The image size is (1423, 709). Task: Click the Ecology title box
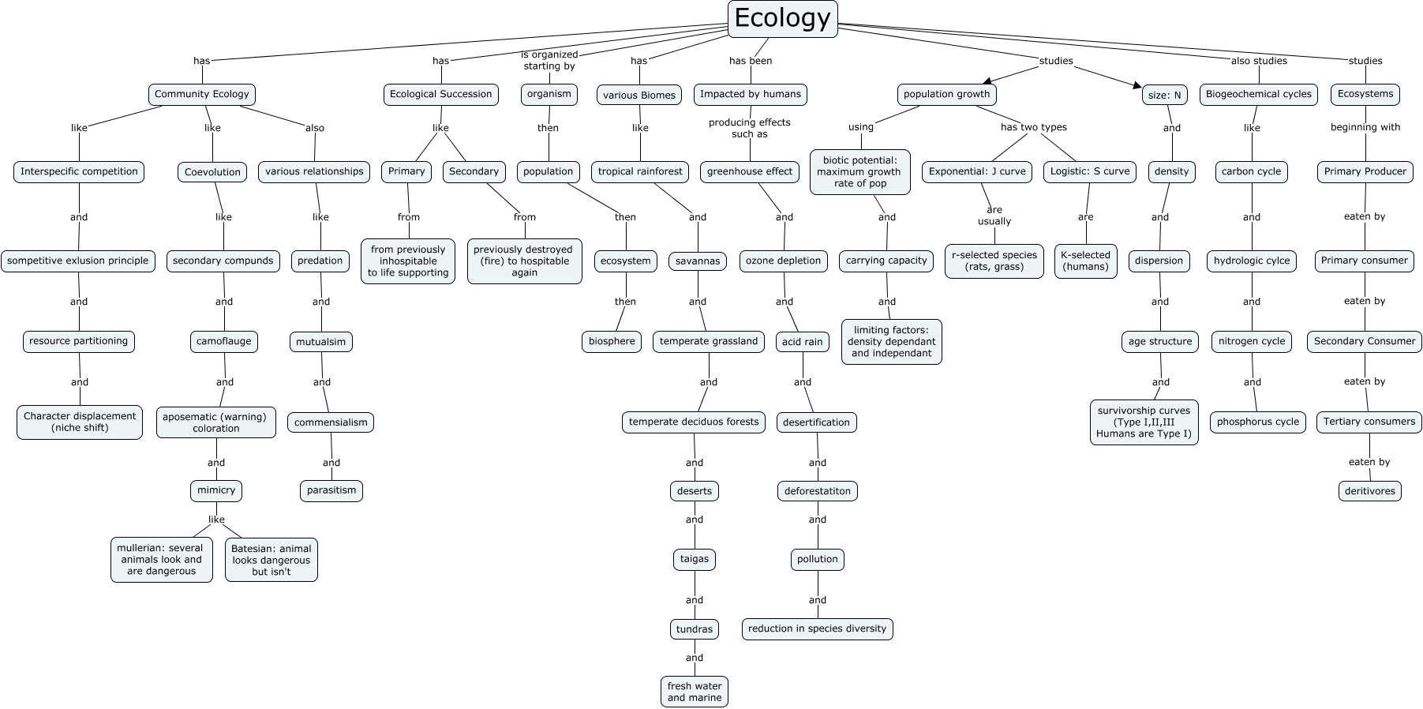[x=781, y=18]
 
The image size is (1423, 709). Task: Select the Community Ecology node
[x=202, y=94]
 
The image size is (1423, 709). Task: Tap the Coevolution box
[x=212, y=172]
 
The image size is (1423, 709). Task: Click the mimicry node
[x=216, y=490]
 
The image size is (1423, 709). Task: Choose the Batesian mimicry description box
[x=271, y=560]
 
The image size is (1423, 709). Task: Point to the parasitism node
[x=331, y=490]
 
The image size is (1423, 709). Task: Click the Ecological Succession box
[x=440, y=94]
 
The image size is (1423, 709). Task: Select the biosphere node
[x=612, y=341]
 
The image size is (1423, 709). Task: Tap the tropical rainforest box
[x=640, y=171]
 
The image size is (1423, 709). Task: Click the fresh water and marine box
[x=695, y=692]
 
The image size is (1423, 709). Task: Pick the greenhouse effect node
[x=750, y=171]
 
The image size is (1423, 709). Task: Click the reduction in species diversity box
[x=817, y=628]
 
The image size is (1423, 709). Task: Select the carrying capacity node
[x=886, y=261]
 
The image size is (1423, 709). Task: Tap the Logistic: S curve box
[x=1089, y=171]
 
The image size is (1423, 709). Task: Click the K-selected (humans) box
[x=1086, y=261]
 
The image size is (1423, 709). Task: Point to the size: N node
[x=1165, y=95]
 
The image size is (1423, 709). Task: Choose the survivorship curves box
[x=1144, y=422]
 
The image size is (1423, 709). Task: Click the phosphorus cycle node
[x=1257, y=422]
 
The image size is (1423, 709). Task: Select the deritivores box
[x=1370, y=491]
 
